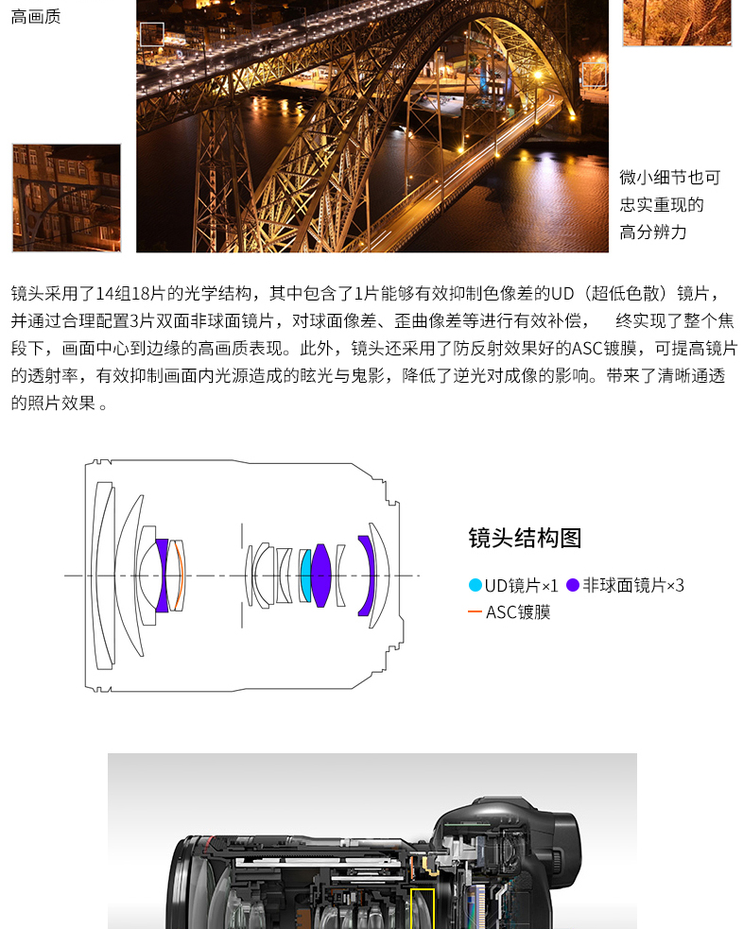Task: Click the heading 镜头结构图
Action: [525, 538]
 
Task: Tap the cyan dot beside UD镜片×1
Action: [475, 585]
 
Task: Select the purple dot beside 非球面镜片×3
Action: [572, 585]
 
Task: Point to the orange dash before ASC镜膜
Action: [475, 611]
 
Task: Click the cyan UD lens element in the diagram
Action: [305, 576]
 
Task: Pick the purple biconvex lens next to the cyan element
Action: [320, 576]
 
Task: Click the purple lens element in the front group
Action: [163, 576]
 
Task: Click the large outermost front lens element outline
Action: [102, 576]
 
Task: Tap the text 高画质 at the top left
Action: [36, 17]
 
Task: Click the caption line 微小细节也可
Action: [670, 177]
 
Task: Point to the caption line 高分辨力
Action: [653, 232]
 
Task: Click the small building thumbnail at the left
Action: [66, 198]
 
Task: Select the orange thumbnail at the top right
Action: [677, 23]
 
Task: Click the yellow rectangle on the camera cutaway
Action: [423, 909]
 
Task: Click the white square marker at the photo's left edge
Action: [151, 34]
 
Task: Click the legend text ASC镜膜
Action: [518, 612]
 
